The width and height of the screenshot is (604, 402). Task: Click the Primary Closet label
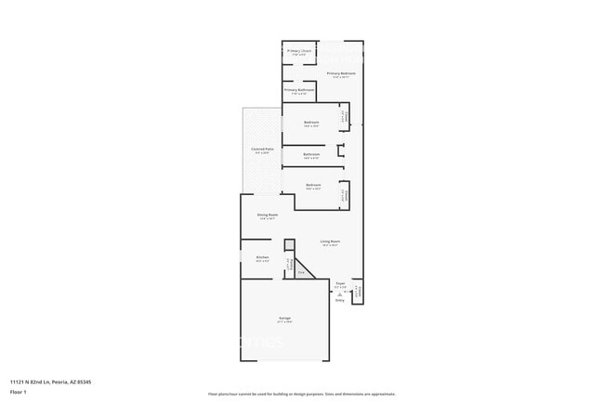(299, 51)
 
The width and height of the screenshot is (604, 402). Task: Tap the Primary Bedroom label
(341, 73)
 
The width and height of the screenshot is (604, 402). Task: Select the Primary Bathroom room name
(299, 90)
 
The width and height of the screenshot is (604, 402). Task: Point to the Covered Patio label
(262, 149)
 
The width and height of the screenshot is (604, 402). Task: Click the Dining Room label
(268, 215)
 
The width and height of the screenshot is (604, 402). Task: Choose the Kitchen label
(262, 257)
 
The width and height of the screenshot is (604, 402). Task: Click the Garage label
(284, 318)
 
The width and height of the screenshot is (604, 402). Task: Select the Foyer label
(340, 283)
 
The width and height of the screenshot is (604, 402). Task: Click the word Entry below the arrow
(339, 300)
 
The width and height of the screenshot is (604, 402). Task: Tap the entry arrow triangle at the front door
(339, 293)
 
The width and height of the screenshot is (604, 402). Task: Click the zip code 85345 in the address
(83, 382)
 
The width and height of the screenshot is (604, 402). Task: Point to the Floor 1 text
(18, 393)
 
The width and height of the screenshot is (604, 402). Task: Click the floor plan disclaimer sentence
(301, 394)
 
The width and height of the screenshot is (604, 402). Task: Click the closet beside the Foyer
(358, 290)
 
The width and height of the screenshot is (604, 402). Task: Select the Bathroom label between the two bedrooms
(311, 154)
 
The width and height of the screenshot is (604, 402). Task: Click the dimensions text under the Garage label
(284, 322)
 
